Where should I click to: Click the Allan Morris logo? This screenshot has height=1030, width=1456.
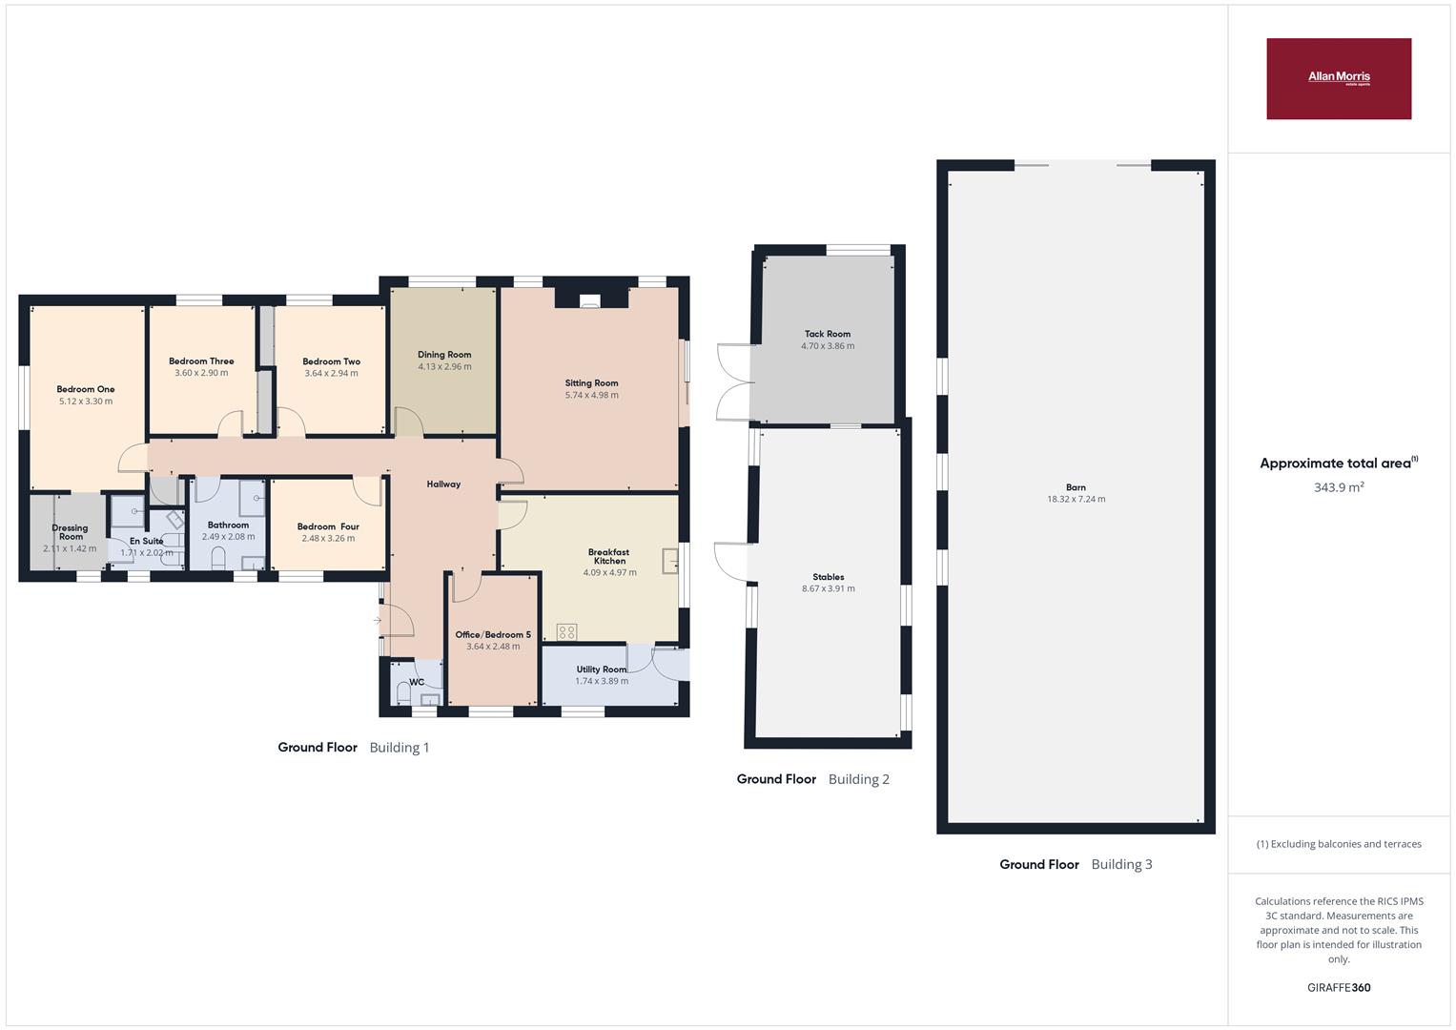pos(1339,78)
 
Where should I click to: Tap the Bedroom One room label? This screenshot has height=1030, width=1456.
pos(86,389)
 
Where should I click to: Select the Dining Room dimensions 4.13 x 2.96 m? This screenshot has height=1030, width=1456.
pos(444,367)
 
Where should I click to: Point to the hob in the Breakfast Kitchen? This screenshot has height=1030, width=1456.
pos(566,632)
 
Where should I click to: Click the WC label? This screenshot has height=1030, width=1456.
pos(417,682)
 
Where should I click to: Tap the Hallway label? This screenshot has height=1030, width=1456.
pos(444,484)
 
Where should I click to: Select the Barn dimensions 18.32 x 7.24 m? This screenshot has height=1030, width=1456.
pos(1076,500)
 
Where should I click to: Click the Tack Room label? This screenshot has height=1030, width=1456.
pos(828,334)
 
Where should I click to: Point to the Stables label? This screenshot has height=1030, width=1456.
pos(828,577)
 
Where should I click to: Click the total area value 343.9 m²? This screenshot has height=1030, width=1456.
pos(1339,487)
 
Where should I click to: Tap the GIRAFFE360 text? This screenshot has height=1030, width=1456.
pos(1339,988)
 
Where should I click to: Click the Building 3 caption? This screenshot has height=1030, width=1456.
pos(1121,864)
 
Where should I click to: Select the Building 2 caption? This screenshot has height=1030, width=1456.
pos(859,779)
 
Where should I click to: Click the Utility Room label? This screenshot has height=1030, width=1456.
pos(602,669)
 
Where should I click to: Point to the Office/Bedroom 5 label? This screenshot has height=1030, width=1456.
pos(493,634)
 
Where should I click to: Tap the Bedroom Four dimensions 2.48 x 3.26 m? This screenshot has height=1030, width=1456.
pos(328,539)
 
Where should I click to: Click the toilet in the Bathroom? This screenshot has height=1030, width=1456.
pos(219,559)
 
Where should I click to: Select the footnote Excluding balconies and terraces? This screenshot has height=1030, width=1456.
pos(1339,844)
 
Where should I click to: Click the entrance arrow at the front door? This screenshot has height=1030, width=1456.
pos(377,620)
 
